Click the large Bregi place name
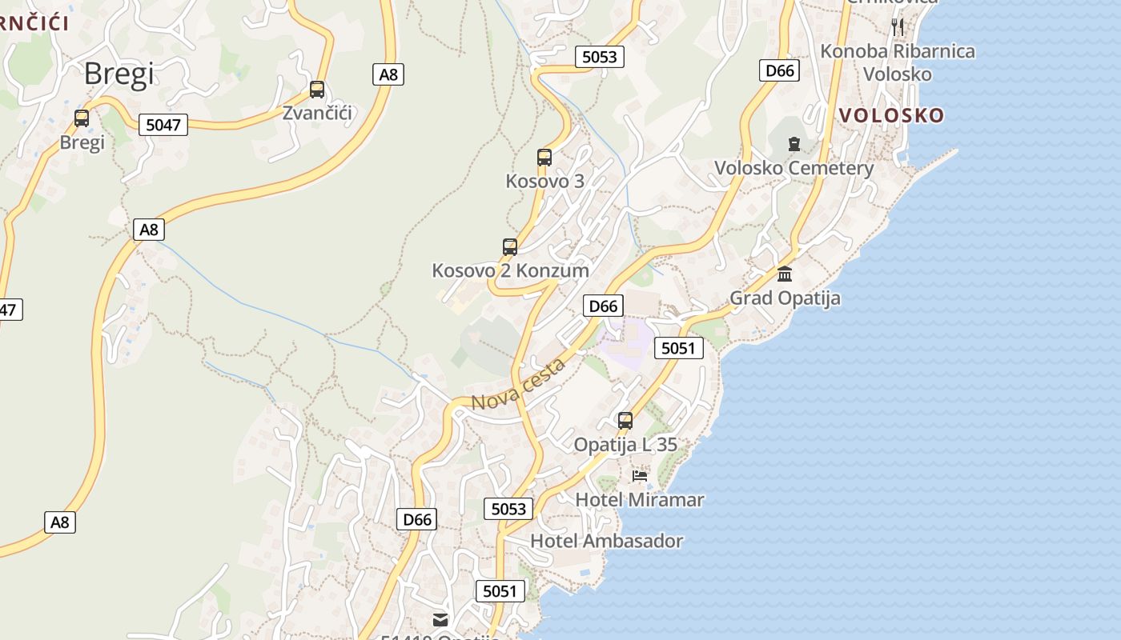(x=119, y=74)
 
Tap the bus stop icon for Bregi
(x=82, y=118)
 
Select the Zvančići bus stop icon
(x=317, y=89)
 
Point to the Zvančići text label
(x=317, y=113)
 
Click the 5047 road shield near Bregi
(x=163, y=125)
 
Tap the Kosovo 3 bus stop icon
(x=544, y=158)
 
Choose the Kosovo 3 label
(x=544, y=182)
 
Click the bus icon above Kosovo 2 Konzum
(x=510, y=246)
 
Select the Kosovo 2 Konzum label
(x=510, y=270)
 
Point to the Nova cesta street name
(x=518, y=385)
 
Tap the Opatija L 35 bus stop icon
(x=625, y=420)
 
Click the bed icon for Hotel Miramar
(x=639, y=476)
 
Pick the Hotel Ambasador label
(x=606, y=541)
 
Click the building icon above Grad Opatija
(x=785, y=274)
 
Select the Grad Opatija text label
(x=785, y=298)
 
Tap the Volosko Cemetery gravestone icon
(x=794, y=144)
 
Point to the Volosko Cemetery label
(x=794, y=168)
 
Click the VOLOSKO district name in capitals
(x=891, y=115)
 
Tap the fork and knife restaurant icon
(x=898, y=27)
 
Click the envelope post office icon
(x=440, y=619)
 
